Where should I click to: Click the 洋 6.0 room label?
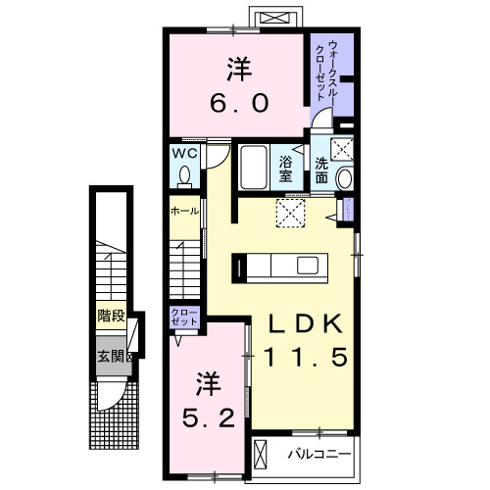[238, 86]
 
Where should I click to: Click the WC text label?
[186, 154]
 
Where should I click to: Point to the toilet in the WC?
[185, 175]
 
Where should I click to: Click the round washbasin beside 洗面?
[344, 178]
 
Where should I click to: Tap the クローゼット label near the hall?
[185, 318]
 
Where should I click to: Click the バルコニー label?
[318, 454]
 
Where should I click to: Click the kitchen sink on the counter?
[308, 266]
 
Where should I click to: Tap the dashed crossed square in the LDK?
[292, 213]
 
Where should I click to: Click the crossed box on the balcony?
[262, 453]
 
